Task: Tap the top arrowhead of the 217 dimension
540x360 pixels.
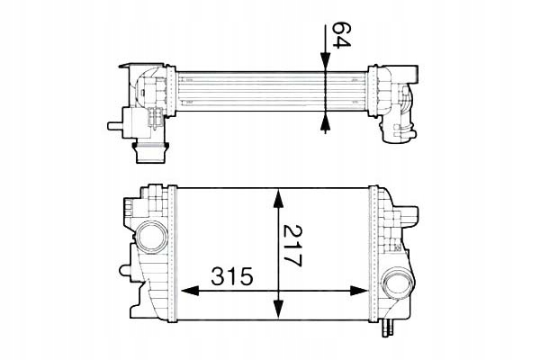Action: pos(280,196)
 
